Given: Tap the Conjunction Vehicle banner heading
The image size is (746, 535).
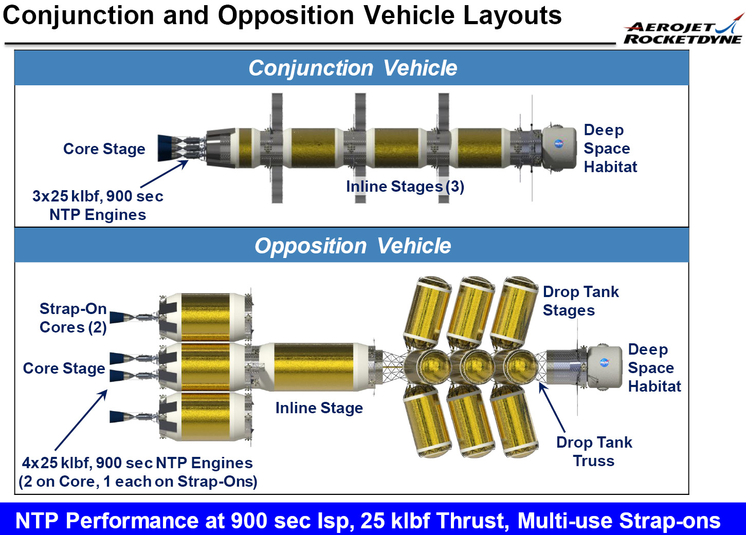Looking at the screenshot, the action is pyautogui.click(x=353, y=68).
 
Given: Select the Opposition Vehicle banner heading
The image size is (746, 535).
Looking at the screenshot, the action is pyautogui.click(x=353, y=246).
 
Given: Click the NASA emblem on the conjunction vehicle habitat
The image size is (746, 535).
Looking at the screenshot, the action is pyautogui.click(x=559, y=143).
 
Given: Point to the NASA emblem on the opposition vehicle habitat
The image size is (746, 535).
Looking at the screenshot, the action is pyautogui.click(x=604, y=362).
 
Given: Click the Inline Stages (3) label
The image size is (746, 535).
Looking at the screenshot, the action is pyautogui.click(x=405, y=186).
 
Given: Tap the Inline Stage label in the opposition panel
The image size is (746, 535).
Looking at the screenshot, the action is pyautogui.click(x=319, y=408).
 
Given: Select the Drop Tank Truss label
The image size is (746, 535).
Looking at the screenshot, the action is pyautogui.click(x=594, y=451).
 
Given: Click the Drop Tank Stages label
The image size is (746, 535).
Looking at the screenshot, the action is pyautogui.click(x=581, y=301).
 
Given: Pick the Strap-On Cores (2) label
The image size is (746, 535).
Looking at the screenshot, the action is pyautogui.click(x=73, y=318).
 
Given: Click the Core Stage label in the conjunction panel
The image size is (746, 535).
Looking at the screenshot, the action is pyautogui.click(x=104, y=149).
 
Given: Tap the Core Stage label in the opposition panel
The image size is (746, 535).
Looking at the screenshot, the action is pyautogui.click(x=64, y=368).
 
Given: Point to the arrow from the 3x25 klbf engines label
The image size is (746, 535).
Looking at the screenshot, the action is pyautogui.click(x=165, y=174).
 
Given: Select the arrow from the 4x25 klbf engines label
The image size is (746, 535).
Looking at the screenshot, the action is pyautogui.click(x=81, y=420).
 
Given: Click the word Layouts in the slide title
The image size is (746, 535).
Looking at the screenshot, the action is pyautogui.click(x=512, y=16).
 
